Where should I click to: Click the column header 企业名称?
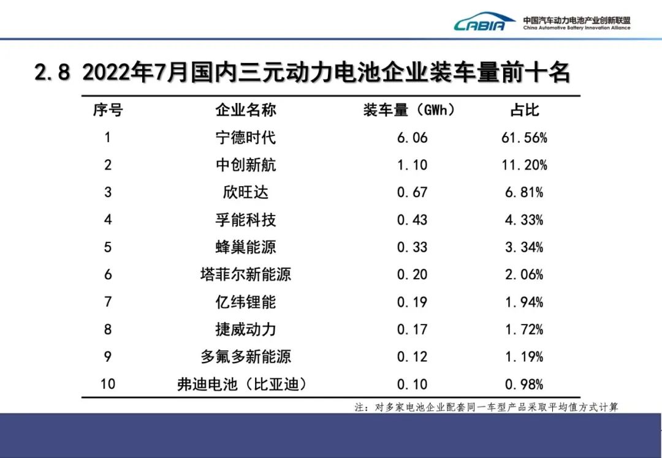(x=246, y=110)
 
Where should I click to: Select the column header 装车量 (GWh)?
(x=409, y=110)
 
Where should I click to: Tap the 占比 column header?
(x=524, y=110)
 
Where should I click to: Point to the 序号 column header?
(x=108, y=110)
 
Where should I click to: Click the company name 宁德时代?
(x=246, y=138)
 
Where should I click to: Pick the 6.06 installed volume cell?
(x=412, y=138)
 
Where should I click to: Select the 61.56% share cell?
(x=524, y=138)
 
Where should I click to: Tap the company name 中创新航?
(x=246, y=165)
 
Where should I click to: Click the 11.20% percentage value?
(x=524, y=165)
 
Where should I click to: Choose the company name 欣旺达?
(x=246, y=193)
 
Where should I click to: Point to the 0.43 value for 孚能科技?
(x=412, y=220)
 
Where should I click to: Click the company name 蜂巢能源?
(x=246, y=247)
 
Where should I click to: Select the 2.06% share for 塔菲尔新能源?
(x=524, y=275)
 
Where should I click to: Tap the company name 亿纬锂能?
(x=246, y=302)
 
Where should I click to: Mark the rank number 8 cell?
(x=108, y=329)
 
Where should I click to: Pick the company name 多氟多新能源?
(x=246, y=357)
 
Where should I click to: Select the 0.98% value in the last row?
(x=524, y=385)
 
